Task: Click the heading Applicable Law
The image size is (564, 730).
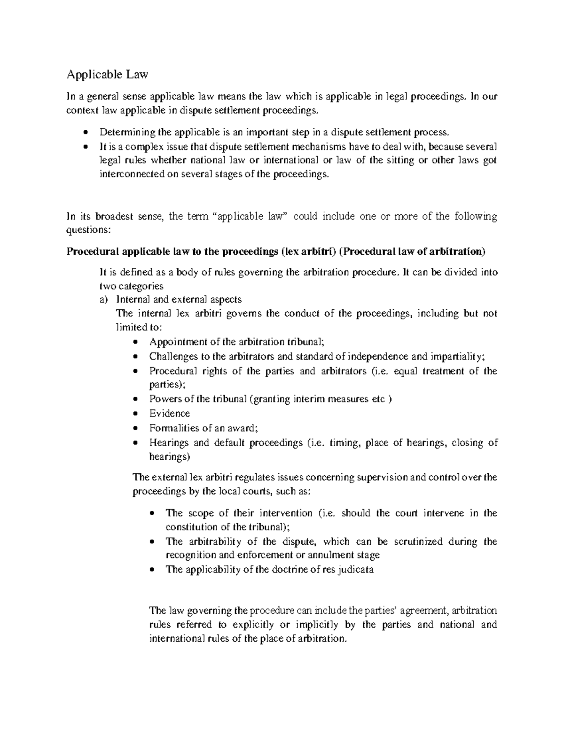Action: click(107, 74)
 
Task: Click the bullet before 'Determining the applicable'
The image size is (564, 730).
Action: click(85, 132)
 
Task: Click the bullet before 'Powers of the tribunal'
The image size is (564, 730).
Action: click(135, 400)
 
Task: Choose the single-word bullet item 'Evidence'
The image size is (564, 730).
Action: click(170, 414)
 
